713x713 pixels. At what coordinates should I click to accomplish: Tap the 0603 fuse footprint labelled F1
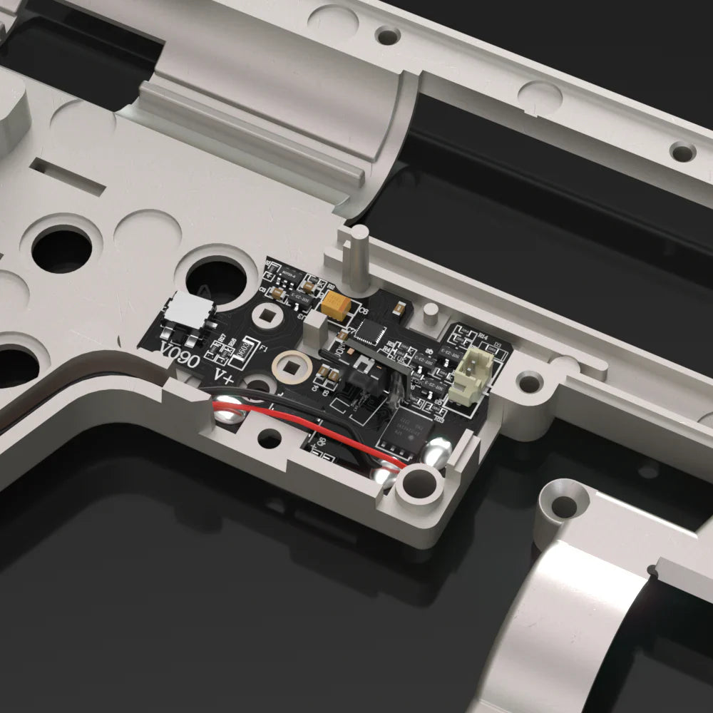point(245,349)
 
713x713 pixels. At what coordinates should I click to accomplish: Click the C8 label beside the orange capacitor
point(362,311)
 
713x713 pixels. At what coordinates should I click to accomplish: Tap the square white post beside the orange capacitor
point(314,329)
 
